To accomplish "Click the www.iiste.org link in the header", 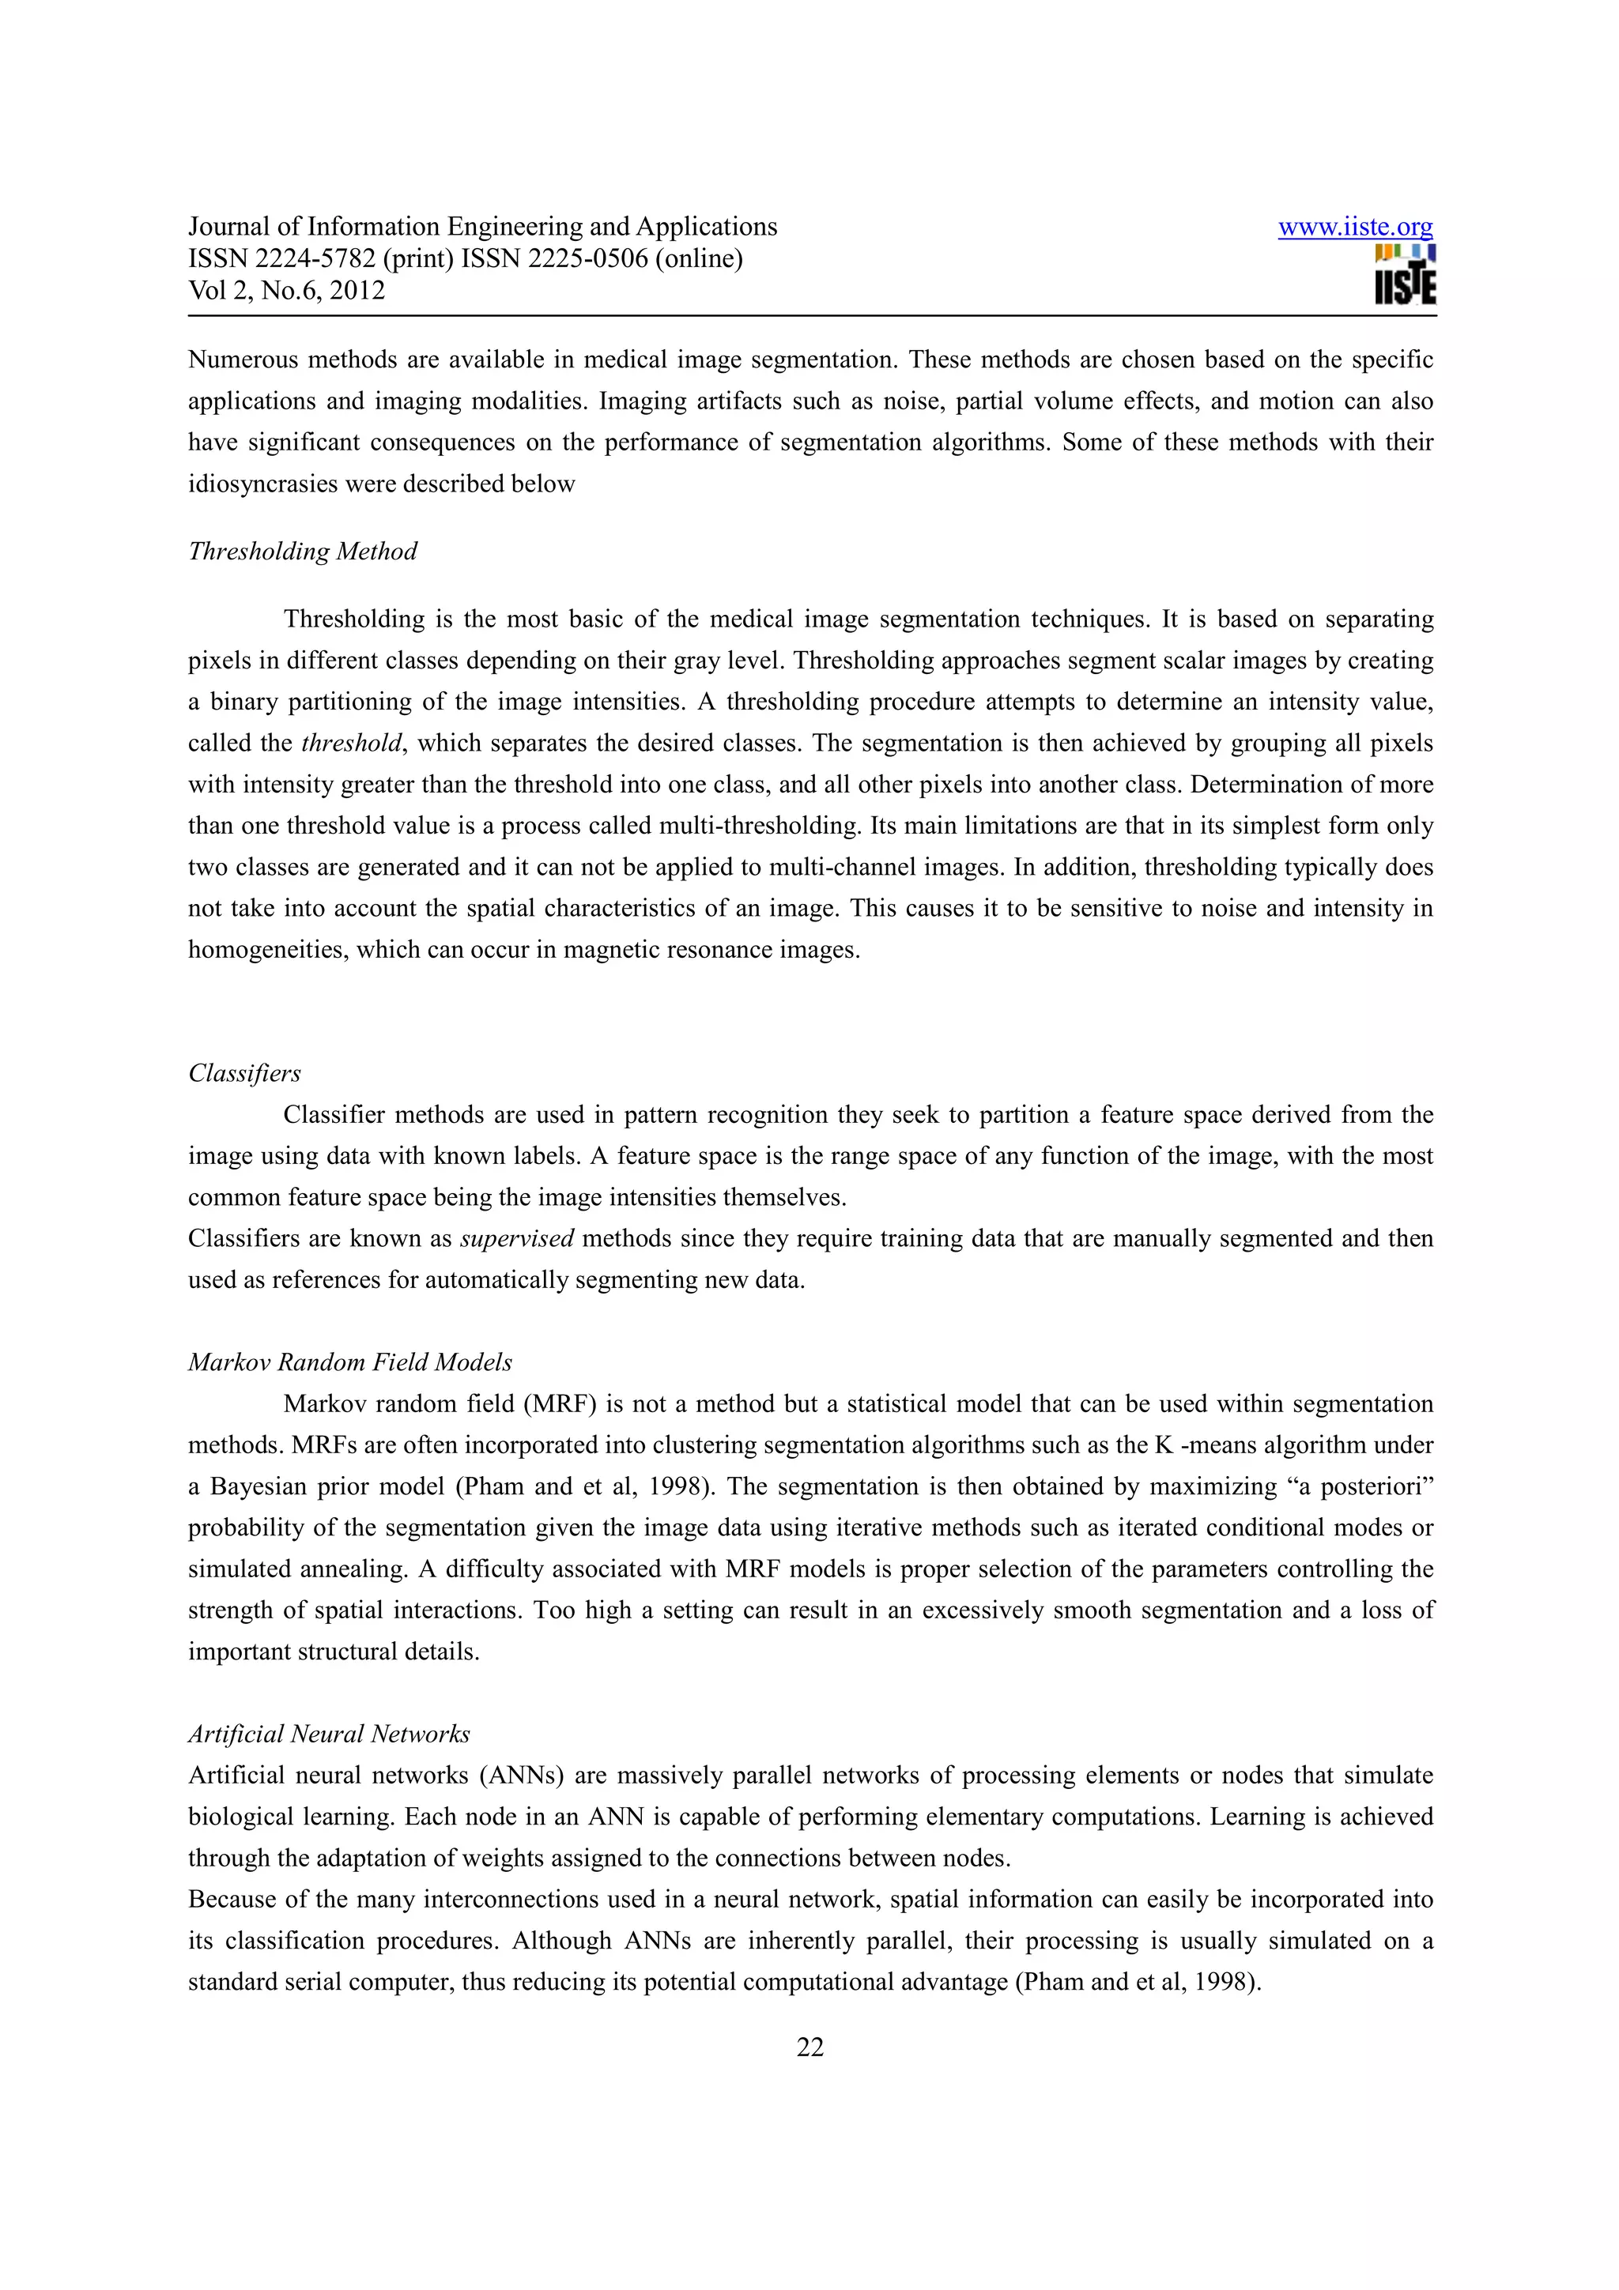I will coord(1355,228).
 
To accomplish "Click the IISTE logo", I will coord(1405,275).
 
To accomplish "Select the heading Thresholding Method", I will coord(302,552).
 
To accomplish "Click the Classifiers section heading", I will coord(244,1073).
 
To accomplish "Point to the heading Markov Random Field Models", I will coord(350,1362).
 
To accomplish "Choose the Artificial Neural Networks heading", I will coord(329,1734).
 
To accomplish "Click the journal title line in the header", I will coord(483,228).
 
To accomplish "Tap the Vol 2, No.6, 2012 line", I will coord(286,292).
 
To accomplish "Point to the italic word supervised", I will coord(517,1239).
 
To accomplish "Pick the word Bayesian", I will coord(259,1487).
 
